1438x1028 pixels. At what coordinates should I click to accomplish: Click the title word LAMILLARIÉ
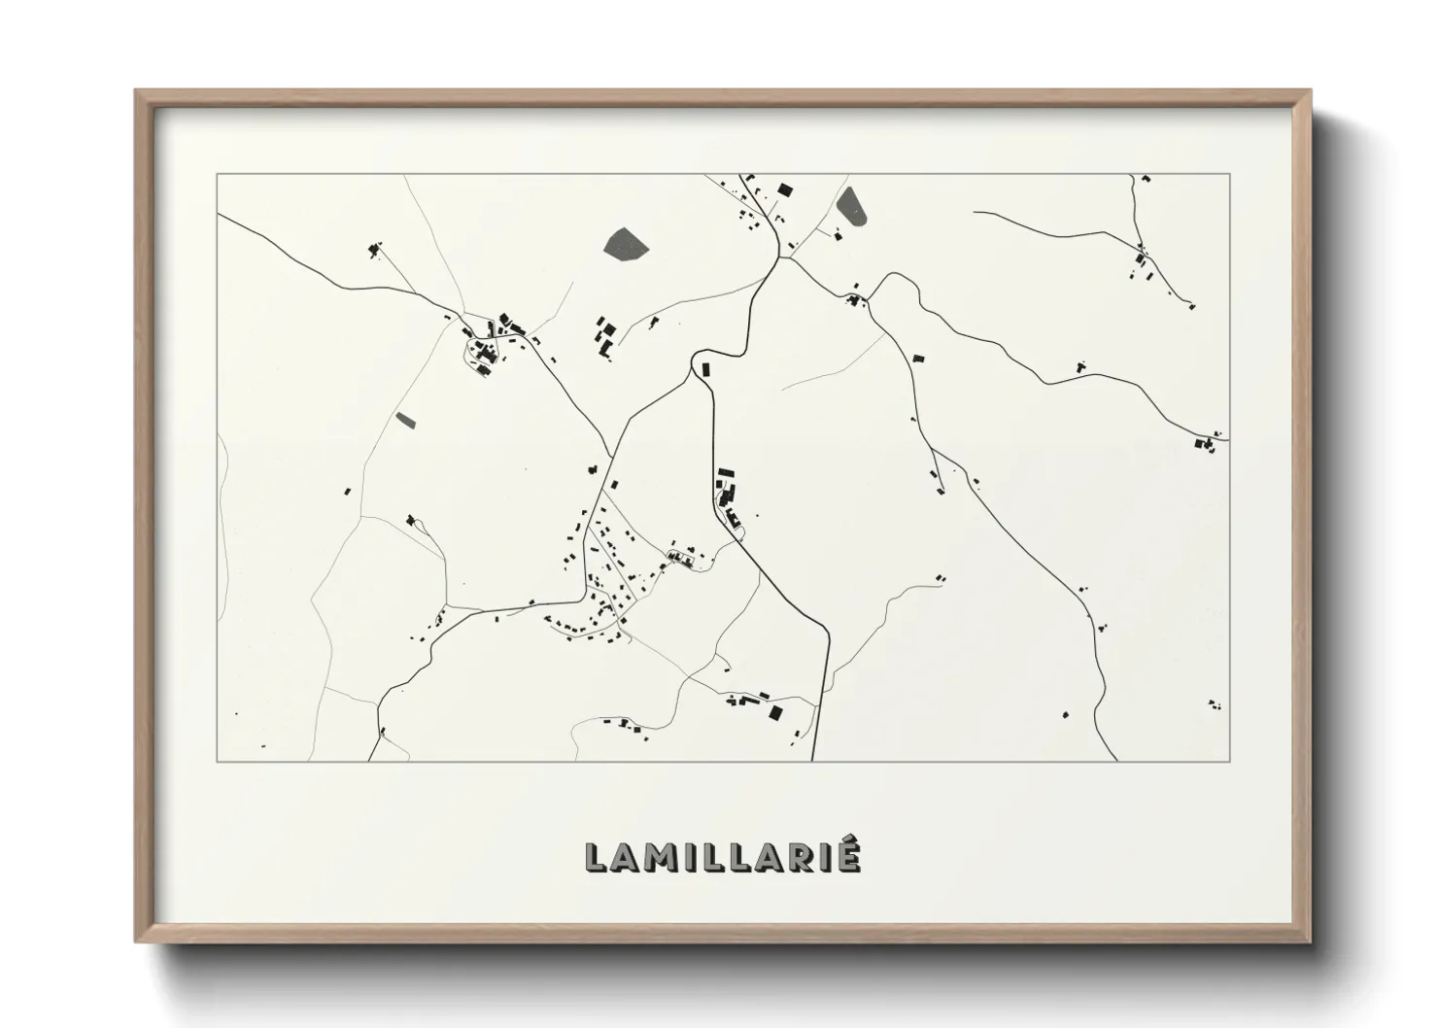(x=723, y=857)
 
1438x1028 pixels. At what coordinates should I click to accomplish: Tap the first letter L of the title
(x=596, y=858)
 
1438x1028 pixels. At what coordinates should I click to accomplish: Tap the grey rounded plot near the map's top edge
(x=852, y=206)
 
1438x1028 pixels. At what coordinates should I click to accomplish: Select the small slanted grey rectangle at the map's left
(x=405, y=420)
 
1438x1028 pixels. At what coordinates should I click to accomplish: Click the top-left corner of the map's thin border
(x=218, y=174)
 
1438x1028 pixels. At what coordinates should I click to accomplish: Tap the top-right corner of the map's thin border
(x=1230, y=174)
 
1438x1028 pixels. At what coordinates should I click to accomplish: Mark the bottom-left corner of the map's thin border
(x=218, y=761)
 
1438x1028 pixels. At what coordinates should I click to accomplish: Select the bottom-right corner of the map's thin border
(x=1230, y=761)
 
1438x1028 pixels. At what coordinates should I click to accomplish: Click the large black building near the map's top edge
(x=784, y=188)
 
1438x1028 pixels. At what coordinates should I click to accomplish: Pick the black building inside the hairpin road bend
(x=706, y=368)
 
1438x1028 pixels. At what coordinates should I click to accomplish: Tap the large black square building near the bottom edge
(x=774, y=713)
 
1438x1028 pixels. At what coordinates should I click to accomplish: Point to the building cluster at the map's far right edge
(x=1207, y=443)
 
